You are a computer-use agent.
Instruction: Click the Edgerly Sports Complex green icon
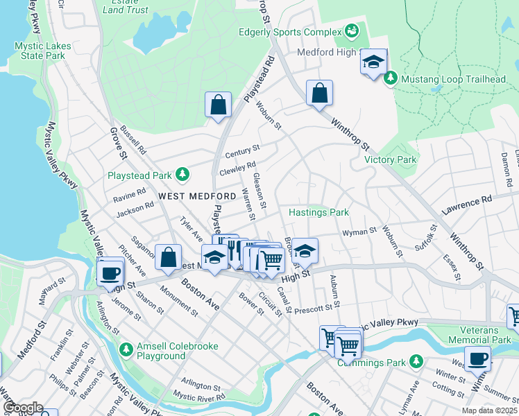[352, 32]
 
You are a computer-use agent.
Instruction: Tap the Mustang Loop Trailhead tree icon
[390, 79]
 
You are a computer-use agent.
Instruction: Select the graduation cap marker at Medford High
[373, 62]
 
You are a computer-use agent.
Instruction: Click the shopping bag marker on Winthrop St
[319, 94]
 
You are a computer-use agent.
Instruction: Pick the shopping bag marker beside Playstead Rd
[218, 105]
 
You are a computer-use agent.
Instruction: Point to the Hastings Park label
[318, 212]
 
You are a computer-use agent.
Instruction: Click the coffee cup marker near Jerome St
[111, 273]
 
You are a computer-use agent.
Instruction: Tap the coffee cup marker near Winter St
[477, 359]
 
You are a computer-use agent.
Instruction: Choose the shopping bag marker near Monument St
[168, 257]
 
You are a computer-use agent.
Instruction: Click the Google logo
[22, 407]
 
